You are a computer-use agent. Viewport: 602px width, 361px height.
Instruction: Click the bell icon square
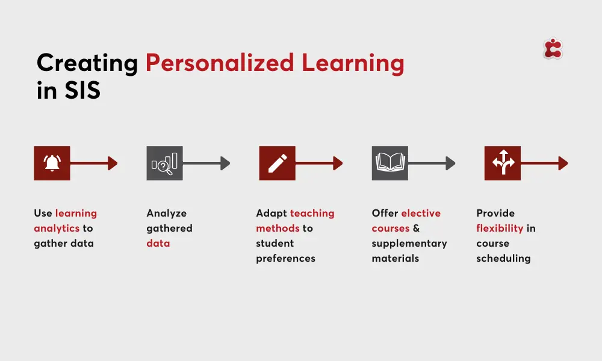(52, 163)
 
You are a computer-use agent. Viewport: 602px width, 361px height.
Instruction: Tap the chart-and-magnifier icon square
(164, 163)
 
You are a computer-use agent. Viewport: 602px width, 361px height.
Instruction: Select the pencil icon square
(277, 163)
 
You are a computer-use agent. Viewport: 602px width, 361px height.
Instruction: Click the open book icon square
(389, 163)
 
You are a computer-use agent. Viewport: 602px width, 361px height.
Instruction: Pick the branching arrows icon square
(503, 163)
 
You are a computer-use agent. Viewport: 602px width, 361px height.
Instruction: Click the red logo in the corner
(553, 49)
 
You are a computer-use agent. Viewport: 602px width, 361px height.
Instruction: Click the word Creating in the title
(87, 63)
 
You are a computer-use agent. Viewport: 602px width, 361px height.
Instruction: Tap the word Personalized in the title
(220, 63)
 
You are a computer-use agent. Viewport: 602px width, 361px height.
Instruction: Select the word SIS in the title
(82, 90)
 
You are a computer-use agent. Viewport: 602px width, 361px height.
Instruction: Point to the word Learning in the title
(353, 63)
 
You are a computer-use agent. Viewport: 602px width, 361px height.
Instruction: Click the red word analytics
(57, 228)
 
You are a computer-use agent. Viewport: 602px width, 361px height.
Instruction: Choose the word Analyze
(166, 214)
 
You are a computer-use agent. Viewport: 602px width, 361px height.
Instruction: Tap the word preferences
(285, 259)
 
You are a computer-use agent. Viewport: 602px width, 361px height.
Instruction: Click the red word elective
(421, 213)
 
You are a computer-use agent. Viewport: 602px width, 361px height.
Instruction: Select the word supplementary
(409, 244)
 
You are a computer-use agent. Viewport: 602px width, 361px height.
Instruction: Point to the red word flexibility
(500, 228)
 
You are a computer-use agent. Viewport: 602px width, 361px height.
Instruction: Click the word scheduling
(503, 259)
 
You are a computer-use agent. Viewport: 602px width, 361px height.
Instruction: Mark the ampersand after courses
(416, 228)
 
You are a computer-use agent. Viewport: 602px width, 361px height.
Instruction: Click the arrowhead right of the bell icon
(113, 163)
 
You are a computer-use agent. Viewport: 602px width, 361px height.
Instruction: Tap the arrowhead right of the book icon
(450, 163)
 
